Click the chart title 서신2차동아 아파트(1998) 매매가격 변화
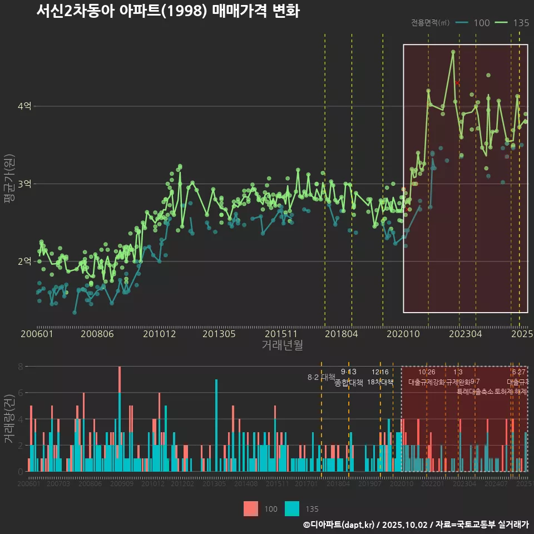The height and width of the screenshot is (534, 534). (167, 11)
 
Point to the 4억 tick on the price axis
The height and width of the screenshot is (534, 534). (25, 106)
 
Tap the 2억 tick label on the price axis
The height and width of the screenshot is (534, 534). (25, 261)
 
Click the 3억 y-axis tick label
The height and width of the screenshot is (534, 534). (25, 184)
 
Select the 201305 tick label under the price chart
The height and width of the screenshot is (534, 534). (219, 334)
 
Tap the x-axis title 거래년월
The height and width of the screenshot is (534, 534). (282, 345)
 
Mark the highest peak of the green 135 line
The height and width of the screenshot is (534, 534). (453, 52)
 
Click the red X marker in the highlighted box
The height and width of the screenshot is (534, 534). (457, 83)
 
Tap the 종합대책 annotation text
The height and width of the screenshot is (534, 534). (349, 383)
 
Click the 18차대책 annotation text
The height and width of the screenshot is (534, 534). (380, 382)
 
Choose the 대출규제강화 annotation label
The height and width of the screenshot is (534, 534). (427, 382)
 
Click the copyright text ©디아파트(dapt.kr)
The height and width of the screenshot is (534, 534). (339, 525)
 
